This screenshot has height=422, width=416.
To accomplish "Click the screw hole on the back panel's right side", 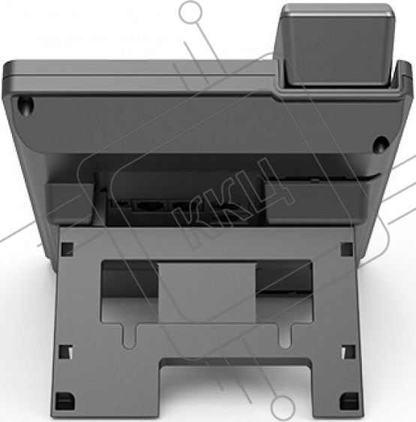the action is point(381,144).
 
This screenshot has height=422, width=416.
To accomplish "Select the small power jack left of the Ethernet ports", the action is point(119,203).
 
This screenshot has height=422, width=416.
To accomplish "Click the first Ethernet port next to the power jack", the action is point(150,205).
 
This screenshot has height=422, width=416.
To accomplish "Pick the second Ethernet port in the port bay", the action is point(186,205).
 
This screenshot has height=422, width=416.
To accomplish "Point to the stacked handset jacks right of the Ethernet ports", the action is point(231,214).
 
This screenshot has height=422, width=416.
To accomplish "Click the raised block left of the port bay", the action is point(70,203).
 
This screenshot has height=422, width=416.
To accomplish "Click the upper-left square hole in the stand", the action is point(67,249).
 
